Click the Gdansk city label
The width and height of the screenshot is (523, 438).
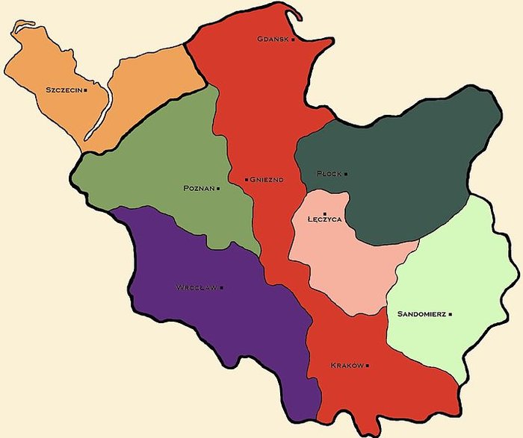pos(273,39)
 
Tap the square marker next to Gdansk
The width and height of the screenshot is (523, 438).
pos(294,39)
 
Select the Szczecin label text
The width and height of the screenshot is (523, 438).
pos(64,90)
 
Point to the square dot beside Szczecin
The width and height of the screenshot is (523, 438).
pos(86,90)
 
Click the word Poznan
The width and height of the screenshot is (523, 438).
pos(199,188)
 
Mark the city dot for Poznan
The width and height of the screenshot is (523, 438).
pos(218,188)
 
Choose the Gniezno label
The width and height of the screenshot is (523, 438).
pos(267,180)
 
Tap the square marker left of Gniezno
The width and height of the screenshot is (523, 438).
pos(247,180)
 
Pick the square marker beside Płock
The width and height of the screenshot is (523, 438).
pos(346,174)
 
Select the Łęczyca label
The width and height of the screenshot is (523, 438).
pos(325,221)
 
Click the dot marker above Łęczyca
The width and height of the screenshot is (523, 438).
pos(325,213)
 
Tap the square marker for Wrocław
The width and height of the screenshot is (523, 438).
pos(221,287)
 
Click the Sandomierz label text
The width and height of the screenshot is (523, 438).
pos(422,314)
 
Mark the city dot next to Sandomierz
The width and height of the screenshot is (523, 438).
pos(451,314)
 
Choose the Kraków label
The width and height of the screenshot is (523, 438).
pos(347,366)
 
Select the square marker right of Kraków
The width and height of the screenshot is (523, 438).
pos(368,366)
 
